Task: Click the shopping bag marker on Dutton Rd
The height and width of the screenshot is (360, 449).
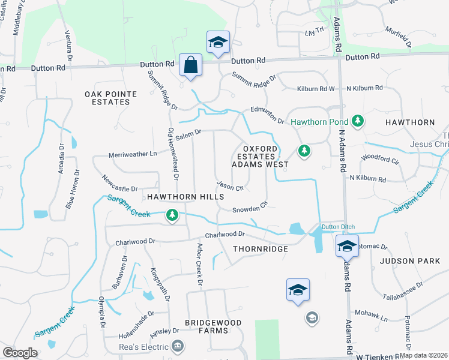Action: [190, 65]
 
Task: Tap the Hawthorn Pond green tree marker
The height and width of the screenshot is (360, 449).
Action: [358, 121]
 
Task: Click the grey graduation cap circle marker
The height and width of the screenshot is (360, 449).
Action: [312, 317]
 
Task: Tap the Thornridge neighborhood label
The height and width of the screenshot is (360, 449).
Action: [261, 248]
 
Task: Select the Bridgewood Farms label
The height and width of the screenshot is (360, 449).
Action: [213, 327]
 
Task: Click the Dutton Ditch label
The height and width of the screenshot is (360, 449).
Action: [339, 227]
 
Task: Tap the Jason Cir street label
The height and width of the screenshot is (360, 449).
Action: [229, 185]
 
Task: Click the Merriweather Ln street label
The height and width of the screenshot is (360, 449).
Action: [133, 154]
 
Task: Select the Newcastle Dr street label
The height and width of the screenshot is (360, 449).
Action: [119, 182]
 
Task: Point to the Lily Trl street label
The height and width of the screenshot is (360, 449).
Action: [314, 31]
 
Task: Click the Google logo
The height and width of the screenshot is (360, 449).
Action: [20, 353]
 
